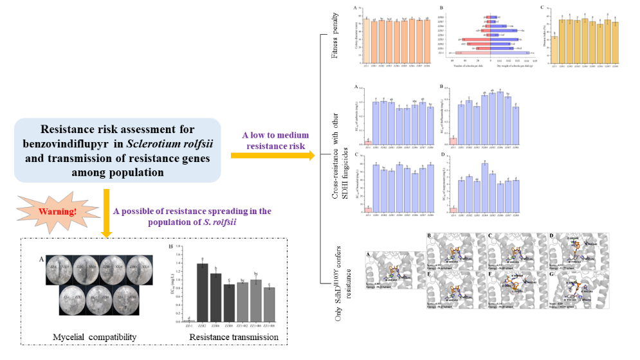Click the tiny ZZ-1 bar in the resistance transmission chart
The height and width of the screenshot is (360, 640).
pos(188,320)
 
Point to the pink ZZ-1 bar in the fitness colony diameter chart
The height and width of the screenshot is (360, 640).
pos(367,38)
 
